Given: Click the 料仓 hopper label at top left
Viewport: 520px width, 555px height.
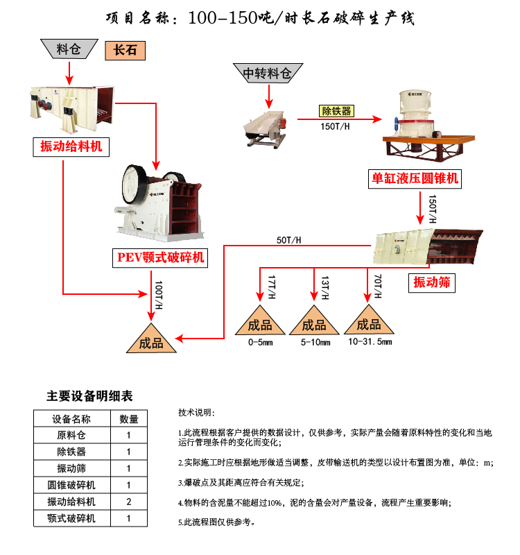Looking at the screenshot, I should click(x=69, y=48).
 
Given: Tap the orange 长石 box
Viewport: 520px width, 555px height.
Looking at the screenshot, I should click(x=126, y=50).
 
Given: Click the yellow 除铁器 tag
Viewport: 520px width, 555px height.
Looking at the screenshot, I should click(x=336, y=111).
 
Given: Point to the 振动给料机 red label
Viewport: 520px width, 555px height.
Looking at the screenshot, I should click(x=71, y=146).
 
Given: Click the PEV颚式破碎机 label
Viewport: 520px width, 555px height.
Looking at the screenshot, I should click(x=161, y=258).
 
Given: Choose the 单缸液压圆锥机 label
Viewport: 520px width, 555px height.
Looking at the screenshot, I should click(x=414, y=179).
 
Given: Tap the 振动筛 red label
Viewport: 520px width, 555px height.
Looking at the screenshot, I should click(x=432, y=282).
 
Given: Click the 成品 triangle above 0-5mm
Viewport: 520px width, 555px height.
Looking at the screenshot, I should click(x=261, y=323).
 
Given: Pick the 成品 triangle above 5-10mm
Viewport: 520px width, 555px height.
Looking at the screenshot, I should click(x=313, y=323).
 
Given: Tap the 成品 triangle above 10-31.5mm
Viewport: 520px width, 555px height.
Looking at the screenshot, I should click(x=367, y=323).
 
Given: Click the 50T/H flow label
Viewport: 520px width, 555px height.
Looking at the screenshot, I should click(x=289, y=240).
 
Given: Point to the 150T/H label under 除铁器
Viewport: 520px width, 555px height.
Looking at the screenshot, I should click(x=336, y=126).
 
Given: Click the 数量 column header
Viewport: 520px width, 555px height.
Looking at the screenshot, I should click(x=129, y=418).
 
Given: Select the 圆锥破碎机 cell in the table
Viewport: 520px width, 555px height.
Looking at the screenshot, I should click(x=71, y=485).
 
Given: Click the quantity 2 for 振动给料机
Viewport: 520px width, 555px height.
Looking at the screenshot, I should click(x=129, y=502).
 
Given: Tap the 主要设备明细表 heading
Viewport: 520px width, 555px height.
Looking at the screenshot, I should click(x=89, y=396).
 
